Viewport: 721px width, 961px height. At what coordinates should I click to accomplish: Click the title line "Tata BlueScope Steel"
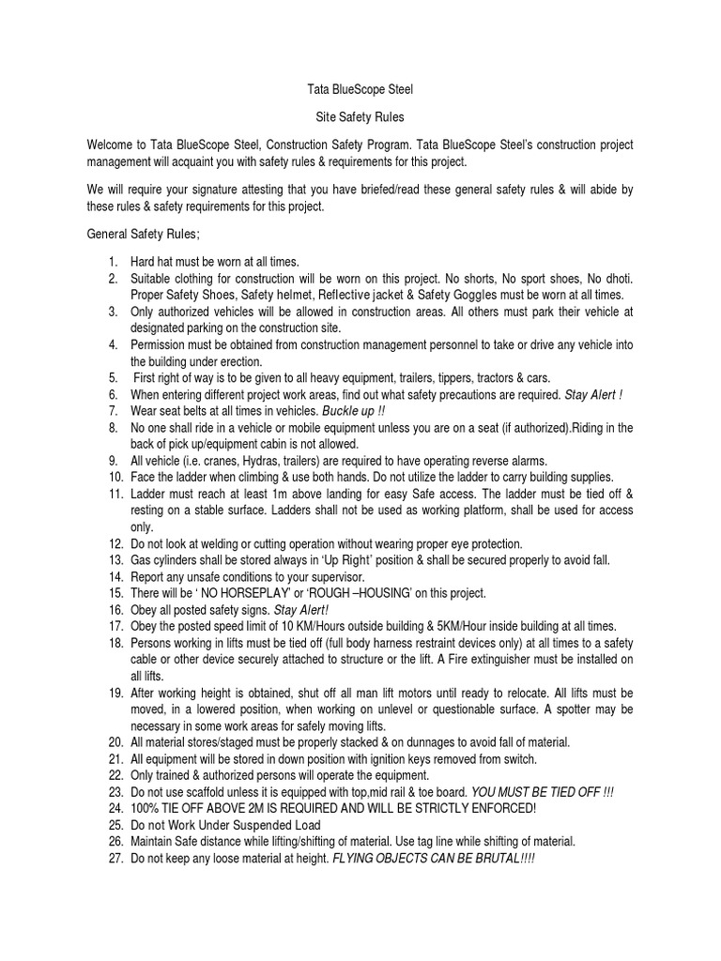(360, 90)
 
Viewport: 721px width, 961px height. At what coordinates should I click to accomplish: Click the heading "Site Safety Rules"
(360, 120)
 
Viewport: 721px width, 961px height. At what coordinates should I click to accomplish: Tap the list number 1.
(112, 263)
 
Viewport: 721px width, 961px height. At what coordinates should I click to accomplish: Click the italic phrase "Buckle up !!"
(353, 411)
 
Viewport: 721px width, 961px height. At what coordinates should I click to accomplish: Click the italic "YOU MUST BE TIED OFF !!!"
(543, 792)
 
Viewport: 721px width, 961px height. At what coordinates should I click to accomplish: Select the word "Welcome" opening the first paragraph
(112, 145)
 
